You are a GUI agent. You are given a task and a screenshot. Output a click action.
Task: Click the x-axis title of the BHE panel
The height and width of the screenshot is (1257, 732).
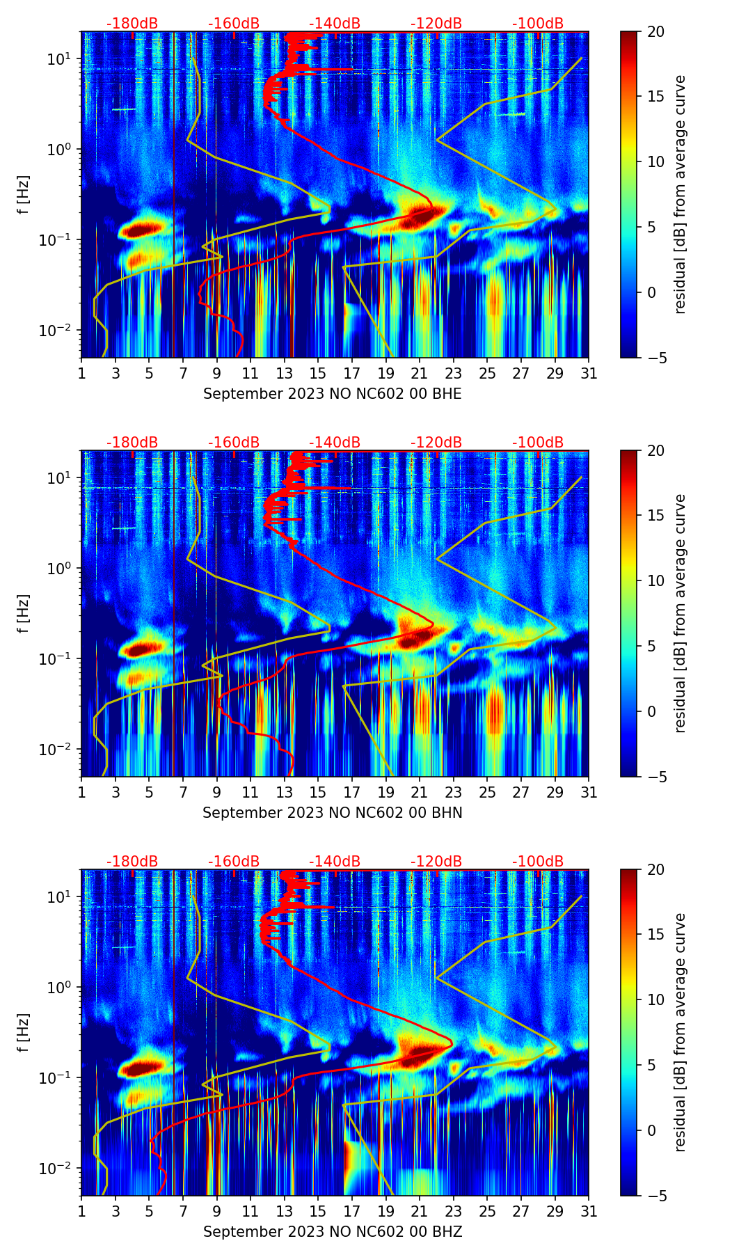332,394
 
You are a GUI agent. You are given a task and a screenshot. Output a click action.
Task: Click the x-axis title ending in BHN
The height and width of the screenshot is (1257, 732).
332,813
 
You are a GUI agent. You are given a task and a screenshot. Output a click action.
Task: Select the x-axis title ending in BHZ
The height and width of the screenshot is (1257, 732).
332,1232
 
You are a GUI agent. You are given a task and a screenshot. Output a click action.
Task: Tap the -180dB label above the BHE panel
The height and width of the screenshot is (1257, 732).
132,24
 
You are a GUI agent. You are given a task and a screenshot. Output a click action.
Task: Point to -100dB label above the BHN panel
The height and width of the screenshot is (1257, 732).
538,443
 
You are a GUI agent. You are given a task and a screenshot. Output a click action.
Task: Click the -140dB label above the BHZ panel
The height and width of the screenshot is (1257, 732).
335,862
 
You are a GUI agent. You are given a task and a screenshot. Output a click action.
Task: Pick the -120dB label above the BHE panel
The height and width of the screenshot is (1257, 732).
436,24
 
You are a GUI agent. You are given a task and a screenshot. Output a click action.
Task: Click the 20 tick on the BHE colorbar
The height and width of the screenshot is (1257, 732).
655,32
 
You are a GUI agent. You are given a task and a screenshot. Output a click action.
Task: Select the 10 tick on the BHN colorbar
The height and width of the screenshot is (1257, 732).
655,581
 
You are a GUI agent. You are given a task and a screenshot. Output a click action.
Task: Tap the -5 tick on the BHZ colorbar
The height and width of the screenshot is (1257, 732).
655,1196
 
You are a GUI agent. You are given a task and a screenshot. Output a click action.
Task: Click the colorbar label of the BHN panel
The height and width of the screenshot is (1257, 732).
680,613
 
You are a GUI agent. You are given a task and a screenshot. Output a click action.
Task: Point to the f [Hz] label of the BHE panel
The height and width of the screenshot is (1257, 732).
24,195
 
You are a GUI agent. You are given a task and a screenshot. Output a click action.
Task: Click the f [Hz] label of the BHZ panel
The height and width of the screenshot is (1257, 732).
24,1033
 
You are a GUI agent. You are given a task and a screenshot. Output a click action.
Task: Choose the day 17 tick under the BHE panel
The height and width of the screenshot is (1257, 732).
351,373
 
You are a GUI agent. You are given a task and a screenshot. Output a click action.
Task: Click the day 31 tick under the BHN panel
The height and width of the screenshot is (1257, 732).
589,792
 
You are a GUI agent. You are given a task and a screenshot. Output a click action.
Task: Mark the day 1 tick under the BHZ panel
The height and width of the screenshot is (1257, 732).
81,1211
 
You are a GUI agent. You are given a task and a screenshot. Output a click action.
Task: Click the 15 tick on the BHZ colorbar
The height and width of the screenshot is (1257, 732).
655,935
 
